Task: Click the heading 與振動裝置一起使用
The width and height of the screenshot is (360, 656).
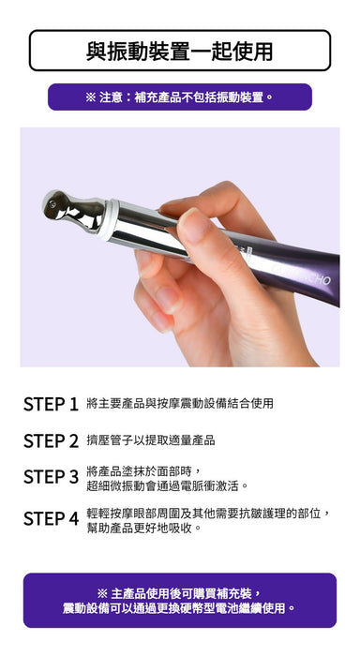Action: click(x=180, y=51)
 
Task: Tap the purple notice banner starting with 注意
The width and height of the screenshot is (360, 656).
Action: click(x=180, y=97)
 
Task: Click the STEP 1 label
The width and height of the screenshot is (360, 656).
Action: click(x=51, y=404)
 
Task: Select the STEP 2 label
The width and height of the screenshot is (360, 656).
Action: click(x=51, y=441)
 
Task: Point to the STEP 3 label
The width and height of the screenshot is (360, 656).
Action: click(x=51, y=477)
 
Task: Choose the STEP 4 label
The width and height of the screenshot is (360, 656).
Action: click(x=51, y=519)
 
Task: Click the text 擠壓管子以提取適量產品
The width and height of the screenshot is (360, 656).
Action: click(x=151, y=440)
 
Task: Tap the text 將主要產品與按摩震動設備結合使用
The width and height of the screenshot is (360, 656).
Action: click(x=180, y=403)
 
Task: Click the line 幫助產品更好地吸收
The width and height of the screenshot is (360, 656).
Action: click(x=144, y=528)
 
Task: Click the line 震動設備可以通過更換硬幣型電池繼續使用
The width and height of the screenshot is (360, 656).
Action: click(x=180, y=608)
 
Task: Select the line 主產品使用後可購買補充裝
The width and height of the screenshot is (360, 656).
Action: click(x=180, y=593)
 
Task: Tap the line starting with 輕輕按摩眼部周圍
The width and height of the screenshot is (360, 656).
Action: click(x=209, y=514)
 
